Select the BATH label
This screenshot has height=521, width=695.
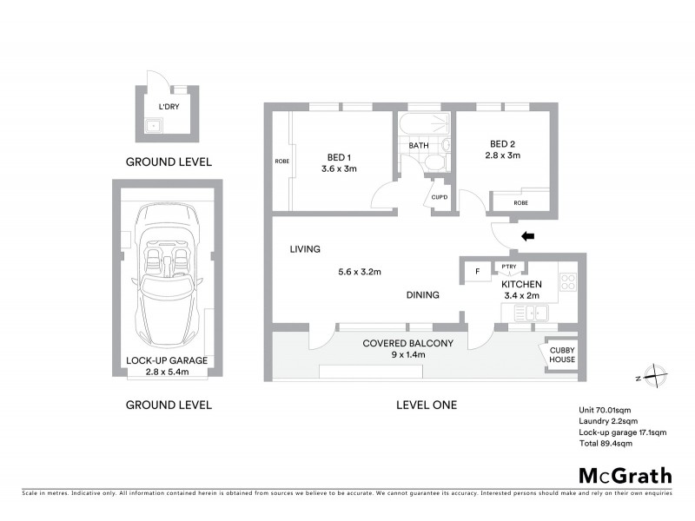click(420, 145)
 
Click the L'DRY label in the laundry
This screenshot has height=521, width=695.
click(169, 108)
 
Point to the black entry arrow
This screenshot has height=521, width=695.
click(527, 235)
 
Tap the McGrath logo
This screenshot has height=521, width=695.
click(625, 475)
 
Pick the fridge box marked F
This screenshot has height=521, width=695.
click(477, 272)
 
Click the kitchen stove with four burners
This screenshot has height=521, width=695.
click(568, 281)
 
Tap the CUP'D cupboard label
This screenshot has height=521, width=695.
click(440, 198)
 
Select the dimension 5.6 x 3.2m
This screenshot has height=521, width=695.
click(361, 271)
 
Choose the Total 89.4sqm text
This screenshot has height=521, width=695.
click(606, 443)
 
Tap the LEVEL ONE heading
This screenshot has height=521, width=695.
click(426, 405)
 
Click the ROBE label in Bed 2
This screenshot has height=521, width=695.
click(520, 203)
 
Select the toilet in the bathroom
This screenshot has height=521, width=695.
click(444, 145)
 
